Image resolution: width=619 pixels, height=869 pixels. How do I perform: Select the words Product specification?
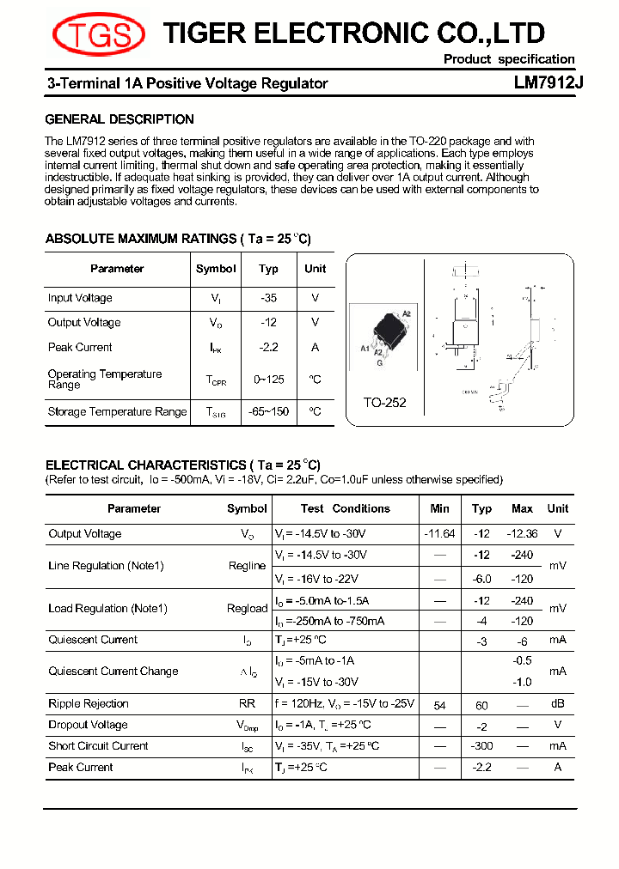coord(508,59)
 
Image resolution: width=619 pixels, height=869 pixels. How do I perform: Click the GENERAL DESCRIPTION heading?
coord(120,119)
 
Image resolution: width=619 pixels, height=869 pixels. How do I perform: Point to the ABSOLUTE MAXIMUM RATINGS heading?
coord(178,239)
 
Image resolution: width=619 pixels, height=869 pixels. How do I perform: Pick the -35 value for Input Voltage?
coord(268,298)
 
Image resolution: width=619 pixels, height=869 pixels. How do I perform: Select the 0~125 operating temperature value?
coord(268,379)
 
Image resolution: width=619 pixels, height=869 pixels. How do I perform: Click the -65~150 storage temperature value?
coord(268,412)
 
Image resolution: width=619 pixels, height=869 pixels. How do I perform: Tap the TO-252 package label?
coord(384,402)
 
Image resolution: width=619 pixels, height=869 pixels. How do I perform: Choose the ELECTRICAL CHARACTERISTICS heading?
coord(182,465)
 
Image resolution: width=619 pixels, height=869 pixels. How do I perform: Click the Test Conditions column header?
coord(345,508)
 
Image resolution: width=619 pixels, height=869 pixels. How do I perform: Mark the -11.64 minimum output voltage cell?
coord(439,534)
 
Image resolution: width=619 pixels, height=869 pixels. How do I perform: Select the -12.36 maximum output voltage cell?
coord(522,534)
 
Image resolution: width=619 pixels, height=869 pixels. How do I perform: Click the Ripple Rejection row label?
coord(89,704)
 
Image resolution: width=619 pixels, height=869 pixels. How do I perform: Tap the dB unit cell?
coord(557,704)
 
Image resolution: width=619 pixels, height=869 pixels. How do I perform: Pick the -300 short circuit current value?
coord(481,746)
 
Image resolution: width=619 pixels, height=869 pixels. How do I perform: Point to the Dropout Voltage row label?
coord(88,725)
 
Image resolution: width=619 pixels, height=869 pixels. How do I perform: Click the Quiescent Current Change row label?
coord(113,671)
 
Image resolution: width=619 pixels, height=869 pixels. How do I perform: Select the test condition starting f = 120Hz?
coord(344,704)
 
